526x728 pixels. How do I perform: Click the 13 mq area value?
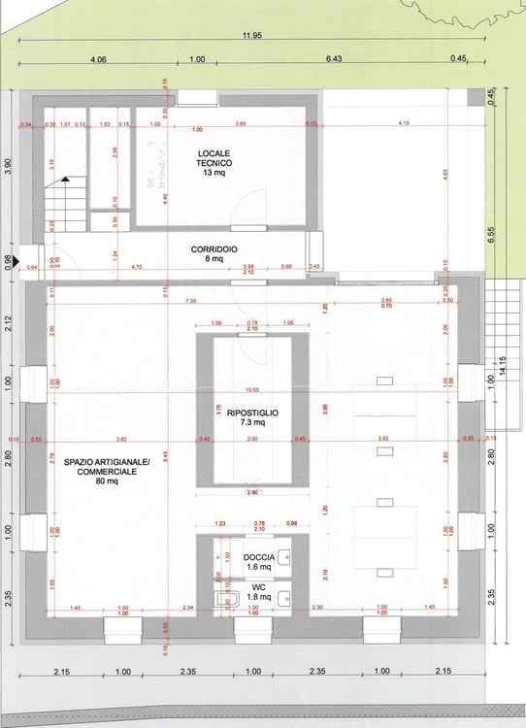(213, 173)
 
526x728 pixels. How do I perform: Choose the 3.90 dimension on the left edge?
(10, 166)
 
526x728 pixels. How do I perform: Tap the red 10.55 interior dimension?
(252, 389)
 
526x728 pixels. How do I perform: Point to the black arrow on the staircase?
(65, 180)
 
